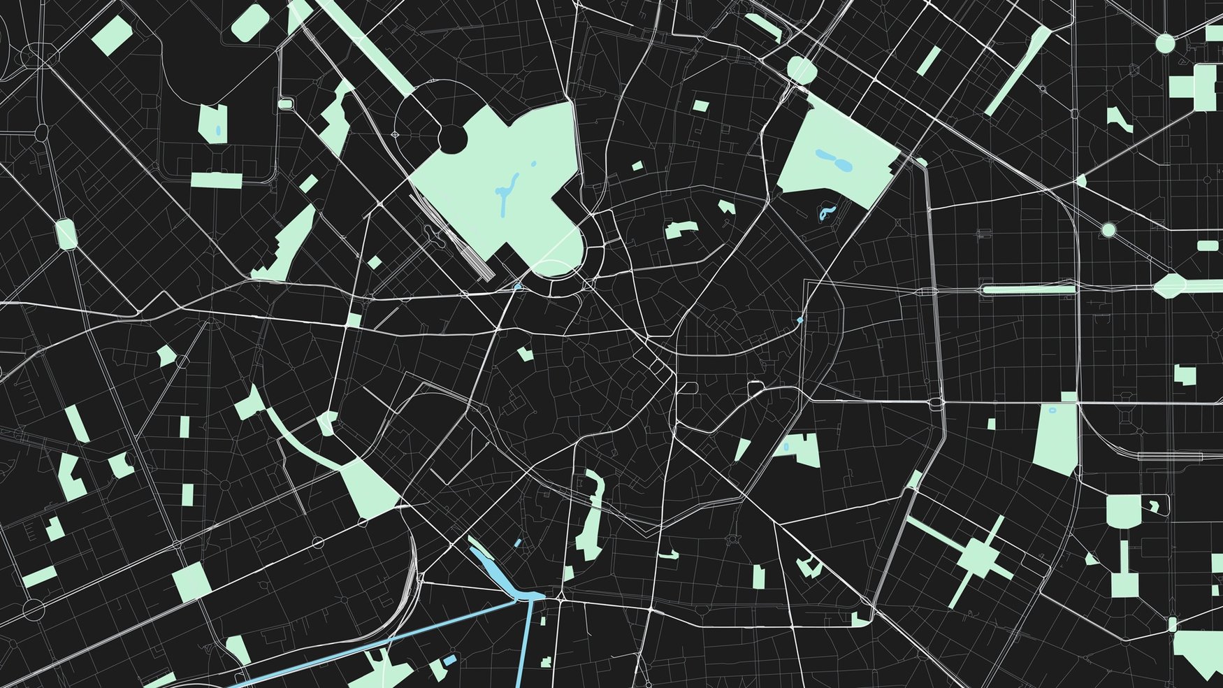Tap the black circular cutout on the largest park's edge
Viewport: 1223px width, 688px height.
[x=451, y=138]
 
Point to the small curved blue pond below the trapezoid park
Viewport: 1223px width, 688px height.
[x=827, y=213]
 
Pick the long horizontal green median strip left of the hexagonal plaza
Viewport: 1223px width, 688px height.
[x=1027, y=289]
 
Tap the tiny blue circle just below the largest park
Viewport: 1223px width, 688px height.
[x=518, y=287]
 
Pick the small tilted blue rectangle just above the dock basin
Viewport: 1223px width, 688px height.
[x=518, y=543]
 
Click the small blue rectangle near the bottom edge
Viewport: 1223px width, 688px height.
[x=450, y=659]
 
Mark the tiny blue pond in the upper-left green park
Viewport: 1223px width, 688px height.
[x=218, y=130]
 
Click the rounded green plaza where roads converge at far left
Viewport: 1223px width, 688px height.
[x=66, y=234]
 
